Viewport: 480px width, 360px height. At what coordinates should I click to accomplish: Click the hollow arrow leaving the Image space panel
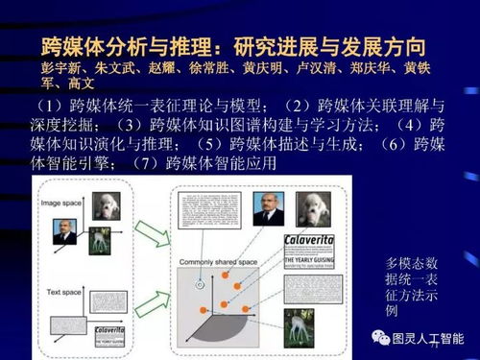pyautogui.click(x=150, y=209)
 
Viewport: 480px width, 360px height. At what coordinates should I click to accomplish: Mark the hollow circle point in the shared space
pyautogui.click(x=200, y=284)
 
